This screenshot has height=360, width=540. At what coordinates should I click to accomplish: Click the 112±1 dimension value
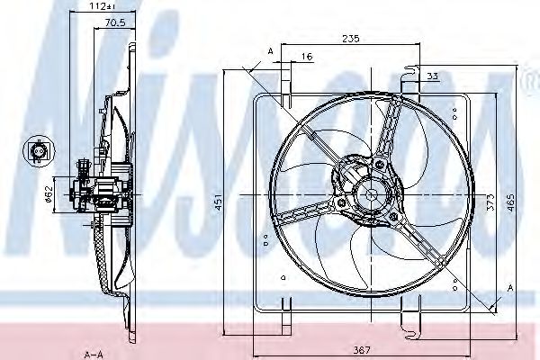pos(112,6)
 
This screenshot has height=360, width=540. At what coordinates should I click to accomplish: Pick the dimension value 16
pos(308,57)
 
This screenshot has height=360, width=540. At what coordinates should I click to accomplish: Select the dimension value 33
pos(433,77)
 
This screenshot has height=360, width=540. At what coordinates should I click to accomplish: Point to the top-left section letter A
pos(270,52)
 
